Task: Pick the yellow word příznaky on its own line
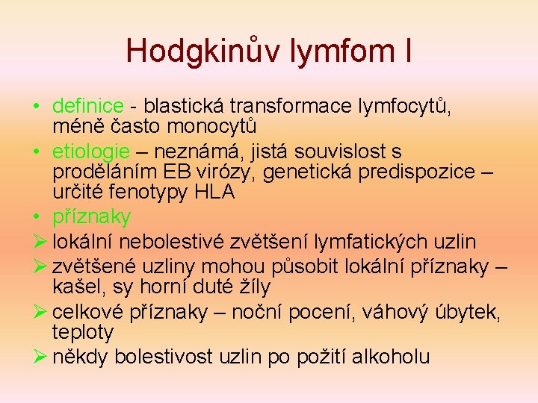coord(92,217)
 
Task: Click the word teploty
coord(82,331)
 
